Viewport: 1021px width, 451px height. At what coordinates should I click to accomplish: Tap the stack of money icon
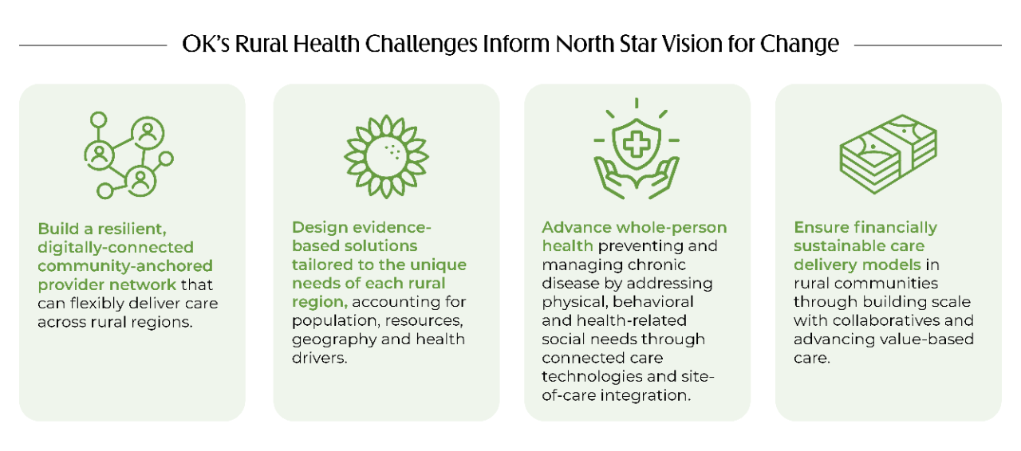(887, 154)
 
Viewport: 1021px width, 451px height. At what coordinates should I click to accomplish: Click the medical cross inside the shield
(636, 147)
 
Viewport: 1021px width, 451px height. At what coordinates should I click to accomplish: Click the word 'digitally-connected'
(116, 247)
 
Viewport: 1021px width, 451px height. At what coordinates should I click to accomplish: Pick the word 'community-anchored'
(125, 265)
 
